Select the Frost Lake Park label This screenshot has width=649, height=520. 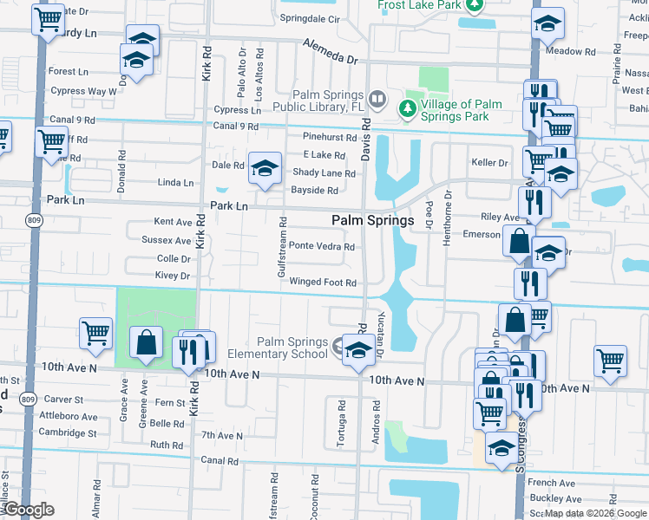(x=420, y=5)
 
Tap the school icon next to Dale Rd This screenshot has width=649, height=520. (x=265, y=168)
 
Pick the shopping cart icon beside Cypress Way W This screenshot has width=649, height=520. (x=51, y=140)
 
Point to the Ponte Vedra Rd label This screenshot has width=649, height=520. (x=321, y=246)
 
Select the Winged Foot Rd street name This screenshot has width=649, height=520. (x=323, y=283)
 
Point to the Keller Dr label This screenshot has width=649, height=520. (x=489, y=162)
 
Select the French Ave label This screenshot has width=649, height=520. (x=551, y=483)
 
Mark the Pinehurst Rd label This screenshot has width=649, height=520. (x=330, y=137)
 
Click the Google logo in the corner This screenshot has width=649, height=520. (x=28, y=510)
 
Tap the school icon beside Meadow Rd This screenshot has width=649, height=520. (x=547, y=25)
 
